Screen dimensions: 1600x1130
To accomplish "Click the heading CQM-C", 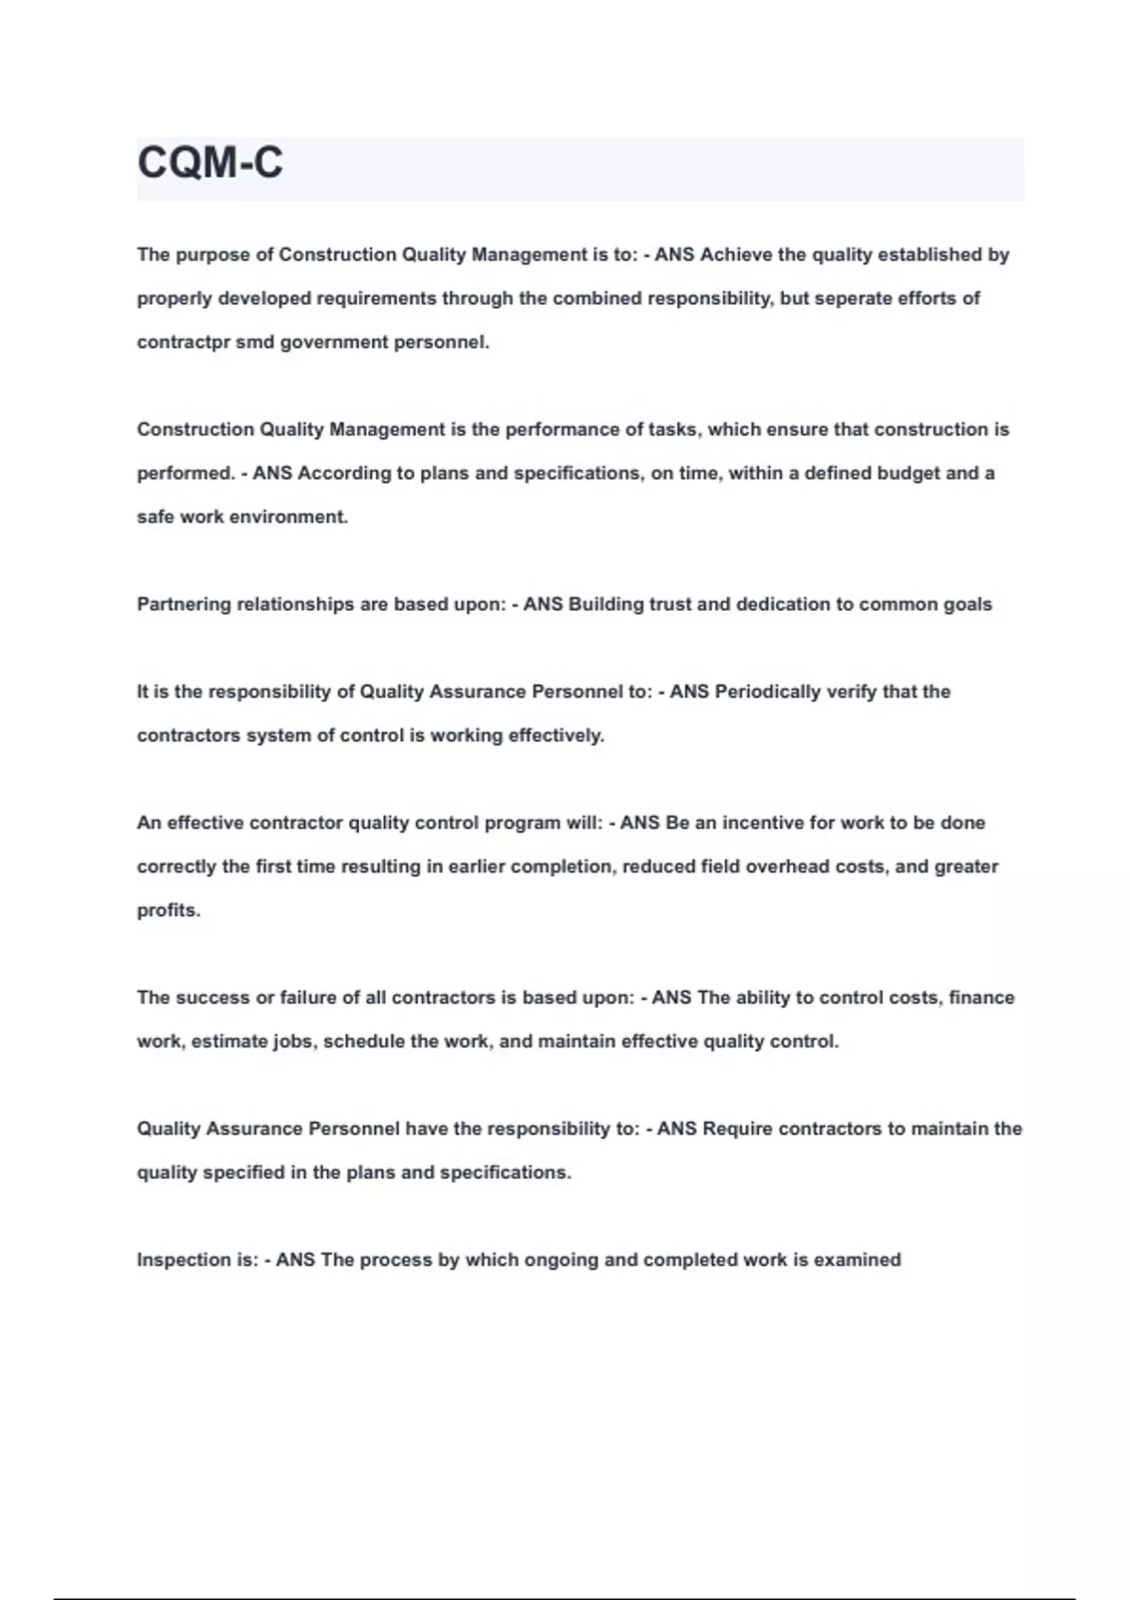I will [x=210, y=163].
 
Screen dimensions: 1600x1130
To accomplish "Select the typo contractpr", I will [x=183, y=343].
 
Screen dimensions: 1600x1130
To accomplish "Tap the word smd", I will [x=255, y=343].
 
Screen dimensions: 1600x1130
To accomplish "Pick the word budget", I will [x=908, y=473].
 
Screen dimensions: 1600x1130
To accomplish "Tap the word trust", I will [x=670, y=604].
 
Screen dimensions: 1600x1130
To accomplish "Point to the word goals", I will [x=967, y=604].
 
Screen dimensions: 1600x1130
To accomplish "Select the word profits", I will [x=168, y=910].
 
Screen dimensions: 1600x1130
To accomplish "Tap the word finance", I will [x=981, y=998].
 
